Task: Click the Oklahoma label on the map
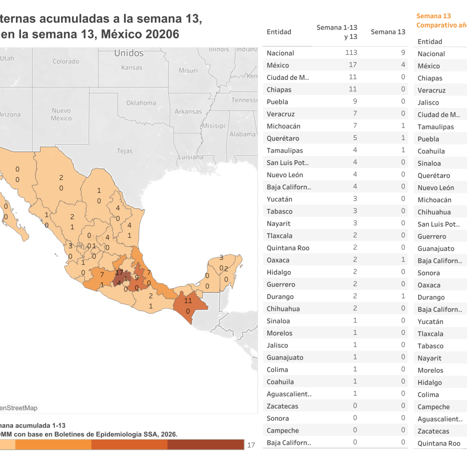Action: [x=141, y=103]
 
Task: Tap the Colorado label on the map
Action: [x=66, y=61]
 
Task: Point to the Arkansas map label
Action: [x=188, y=112]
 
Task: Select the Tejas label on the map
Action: [x=125, y=151]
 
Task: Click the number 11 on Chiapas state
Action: [x=188, y=300]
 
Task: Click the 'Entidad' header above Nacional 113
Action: [x=279, y=32]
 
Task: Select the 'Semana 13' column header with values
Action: [x=388, y=32]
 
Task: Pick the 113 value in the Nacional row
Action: [x=351, y=53]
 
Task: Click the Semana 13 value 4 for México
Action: [x=403, y=65]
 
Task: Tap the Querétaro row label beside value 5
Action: [x=283, y=139]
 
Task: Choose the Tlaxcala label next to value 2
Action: [x=279, y=236]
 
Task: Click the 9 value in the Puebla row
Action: [x=355, y=101]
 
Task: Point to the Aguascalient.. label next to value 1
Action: [x=289, y=394]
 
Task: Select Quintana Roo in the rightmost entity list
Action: [x=439, y=444]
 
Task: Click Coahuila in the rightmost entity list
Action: [x=431, y=151]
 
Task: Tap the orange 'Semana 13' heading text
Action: [x=434, y=16]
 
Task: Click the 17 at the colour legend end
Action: [x=251, y=445]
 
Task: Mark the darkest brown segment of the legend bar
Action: [x=206, y=445]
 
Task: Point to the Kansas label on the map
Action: [x=132, y=68]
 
